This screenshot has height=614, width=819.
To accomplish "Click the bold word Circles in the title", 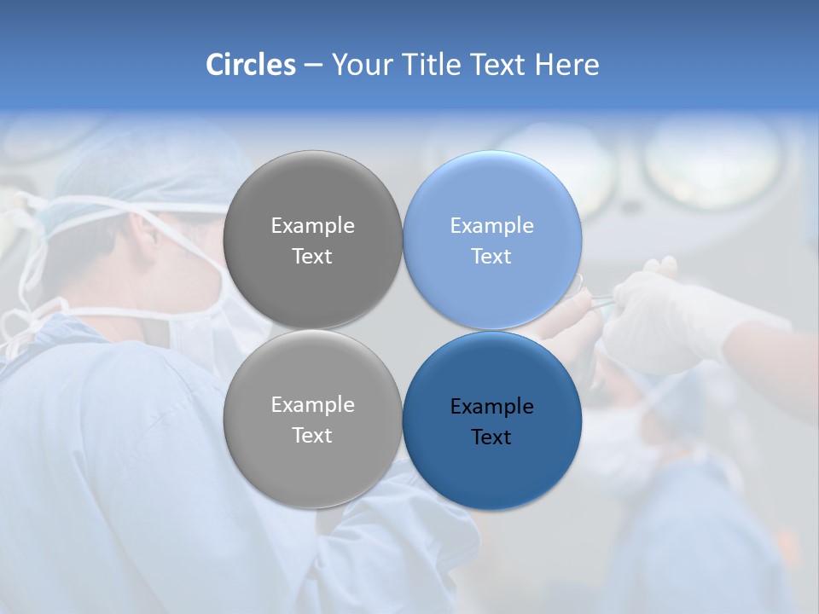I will tap(251, 64).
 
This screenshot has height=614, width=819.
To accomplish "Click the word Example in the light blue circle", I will tap(492, 225).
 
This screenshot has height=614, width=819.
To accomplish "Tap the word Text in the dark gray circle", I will tap(312, 257).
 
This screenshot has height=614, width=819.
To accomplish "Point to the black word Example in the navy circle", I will tap(492, 406).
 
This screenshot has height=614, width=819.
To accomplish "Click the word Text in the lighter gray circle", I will tap(312, 436).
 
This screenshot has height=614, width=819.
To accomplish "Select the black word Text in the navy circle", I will tap(492, 437).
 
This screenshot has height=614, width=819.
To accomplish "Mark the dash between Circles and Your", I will tap(312, 64).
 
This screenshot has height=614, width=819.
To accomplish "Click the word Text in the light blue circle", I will tap(492, 257).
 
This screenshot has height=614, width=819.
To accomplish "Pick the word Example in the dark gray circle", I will tap(312, 225).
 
